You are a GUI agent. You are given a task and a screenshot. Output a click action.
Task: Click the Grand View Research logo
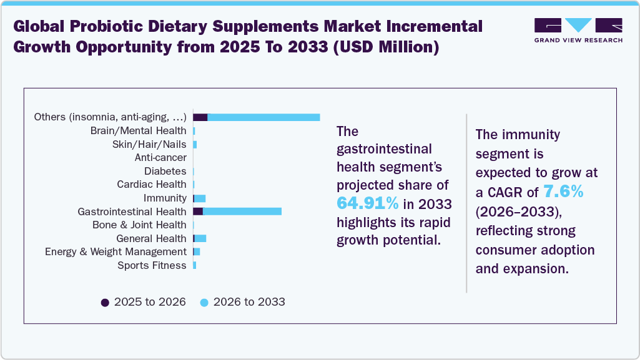click(x=578, y=30)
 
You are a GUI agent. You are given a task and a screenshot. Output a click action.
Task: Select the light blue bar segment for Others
click(x=263, y=117)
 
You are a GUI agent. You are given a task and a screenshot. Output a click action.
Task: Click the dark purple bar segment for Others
click(x=200, y=117)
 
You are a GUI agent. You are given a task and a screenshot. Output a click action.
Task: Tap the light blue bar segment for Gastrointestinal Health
click(x=242, y=212)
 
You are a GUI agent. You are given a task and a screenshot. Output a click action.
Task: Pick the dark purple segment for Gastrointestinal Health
click(x=198, y=212)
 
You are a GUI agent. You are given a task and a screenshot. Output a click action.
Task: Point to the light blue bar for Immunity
click(x=200, y=198)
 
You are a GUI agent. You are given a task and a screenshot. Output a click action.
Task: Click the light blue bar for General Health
click(x=200, y=238)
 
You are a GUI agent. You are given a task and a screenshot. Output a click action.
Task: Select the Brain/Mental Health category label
click(x=138, y=130)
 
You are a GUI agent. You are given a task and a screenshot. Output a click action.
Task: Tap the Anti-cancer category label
click(x=160, y=158)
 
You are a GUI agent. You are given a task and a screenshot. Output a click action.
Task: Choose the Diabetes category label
click(x=165, y=171)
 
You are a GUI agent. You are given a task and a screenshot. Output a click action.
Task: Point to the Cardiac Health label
click(x=152, y=184)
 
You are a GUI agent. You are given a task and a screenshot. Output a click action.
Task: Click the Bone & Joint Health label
click(x=139, y=225)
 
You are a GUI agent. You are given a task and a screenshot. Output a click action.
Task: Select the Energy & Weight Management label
click(x=116, y=251)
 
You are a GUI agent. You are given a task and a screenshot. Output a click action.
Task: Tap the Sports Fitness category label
click(x=152, y=265)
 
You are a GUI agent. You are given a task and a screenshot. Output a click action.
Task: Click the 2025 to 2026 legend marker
click(x=105, y=303)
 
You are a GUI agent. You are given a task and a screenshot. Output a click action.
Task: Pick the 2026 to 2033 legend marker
click(x=204, y=303)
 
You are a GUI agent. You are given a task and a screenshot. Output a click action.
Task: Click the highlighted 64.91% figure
click(x=368, y=203)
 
